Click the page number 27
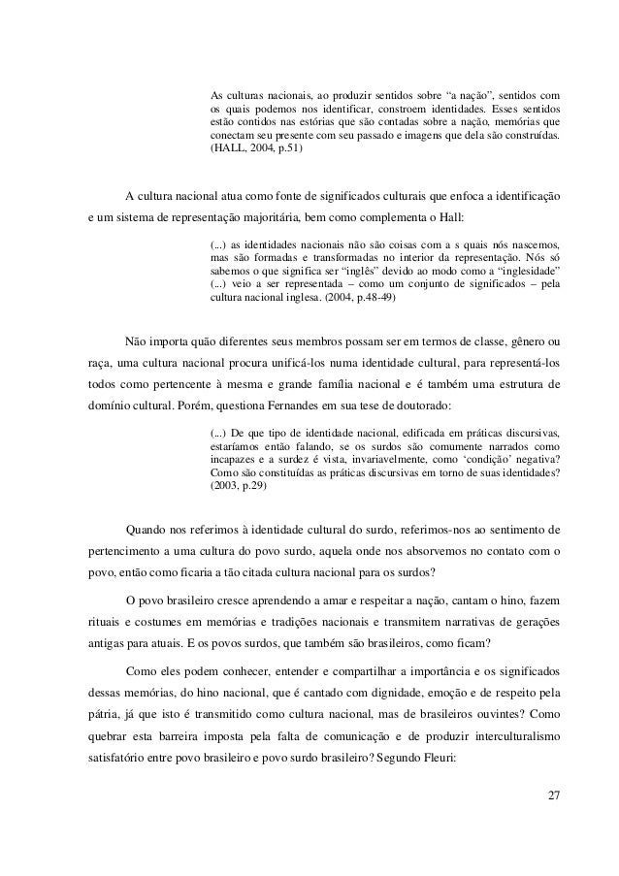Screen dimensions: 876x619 (x=553, y=796)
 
